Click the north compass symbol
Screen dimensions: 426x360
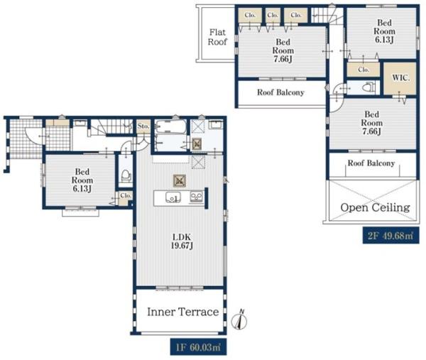[239, 320]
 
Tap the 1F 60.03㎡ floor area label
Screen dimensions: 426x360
[198, 347]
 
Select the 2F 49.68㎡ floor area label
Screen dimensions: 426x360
[390, 235]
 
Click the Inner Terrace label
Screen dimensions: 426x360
[183, 312]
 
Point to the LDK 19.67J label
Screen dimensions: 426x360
[182, 241]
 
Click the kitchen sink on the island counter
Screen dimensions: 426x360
[173, 197]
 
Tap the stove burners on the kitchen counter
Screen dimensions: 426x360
[197, 197]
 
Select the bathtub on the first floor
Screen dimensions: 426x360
[171, 126]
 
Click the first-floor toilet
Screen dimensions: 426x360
[126, 175]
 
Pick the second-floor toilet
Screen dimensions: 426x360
[369, 87]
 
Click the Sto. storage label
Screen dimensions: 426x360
[143, 126]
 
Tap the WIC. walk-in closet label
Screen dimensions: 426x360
[400, 78]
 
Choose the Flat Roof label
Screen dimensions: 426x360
[217, 37]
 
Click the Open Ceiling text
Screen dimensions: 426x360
[375, 207]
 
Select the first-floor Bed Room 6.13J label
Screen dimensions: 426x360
[82, 180]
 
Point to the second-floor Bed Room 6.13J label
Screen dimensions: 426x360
[384, 31]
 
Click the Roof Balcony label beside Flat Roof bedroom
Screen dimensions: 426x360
[280, 92]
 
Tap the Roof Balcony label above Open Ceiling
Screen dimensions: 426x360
[371, 163]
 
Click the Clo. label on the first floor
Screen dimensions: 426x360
[126, 195]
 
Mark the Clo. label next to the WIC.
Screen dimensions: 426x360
[364, 70]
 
